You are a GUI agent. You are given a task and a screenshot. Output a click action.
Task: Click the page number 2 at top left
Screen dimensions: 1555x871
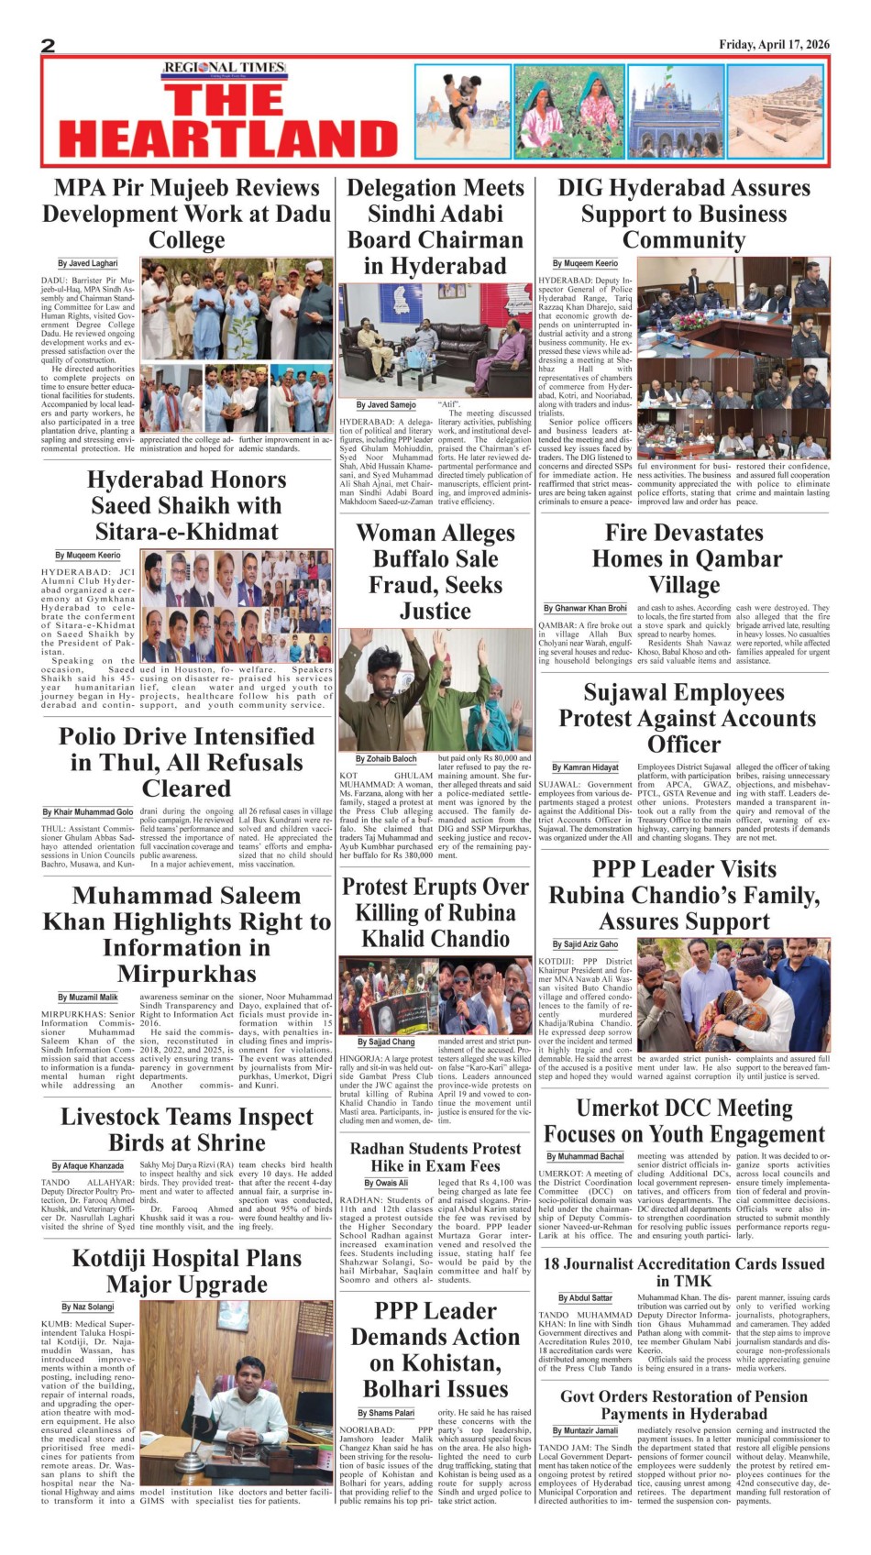pos(49,46)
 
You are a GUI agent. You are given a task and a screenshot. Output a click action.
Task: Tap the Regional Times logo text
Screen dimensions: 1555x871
pos(224,68)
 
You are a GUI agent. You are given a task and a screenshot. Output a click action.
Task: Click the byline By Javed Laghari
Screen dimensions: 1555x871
pos(88,263)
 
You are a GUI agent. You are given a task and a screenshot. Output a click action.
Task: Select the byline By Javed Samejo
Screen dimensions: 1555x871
pos(386,404)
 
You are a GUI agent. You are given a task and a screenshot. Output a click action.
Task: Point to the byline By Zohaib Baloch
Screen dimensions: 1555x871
pos(386,758)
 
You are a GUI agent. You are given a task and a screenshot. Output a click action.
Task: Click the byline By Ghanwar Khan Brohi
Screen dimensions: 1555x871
pos(585,608)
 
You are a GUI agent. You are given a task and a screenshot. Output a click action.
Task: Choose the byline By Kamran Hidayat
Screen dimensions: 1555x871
pos(585,766)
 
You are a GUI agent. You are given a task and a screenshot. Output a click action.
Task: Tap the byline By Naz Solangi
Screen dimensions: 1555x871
pos(88,1307)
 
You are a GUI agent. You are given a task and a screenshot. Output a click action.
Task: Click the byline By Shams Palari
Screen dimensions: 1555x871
pos(386,1413)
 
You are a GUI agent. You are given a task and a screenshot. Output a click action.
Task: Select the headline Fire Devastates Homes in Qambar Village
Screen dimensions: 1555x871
pos(684,558)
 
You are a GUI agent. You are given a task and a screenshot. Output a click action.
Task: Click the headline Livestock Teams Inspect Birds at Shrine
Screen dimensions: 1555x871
pos(187,1130)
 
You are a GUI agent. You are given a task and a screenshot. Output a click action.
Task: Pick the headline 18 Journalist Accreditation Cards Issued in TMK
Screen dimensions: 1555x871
pos(684,1272)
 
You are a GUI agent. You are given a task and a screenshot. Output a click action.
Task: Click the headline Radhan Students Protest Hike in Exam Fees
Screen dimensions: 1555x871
pos(435,1157)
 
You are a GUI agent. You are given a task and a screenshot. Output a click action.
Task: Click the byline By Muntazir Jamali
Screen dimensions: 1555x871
pos(585,1430)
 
